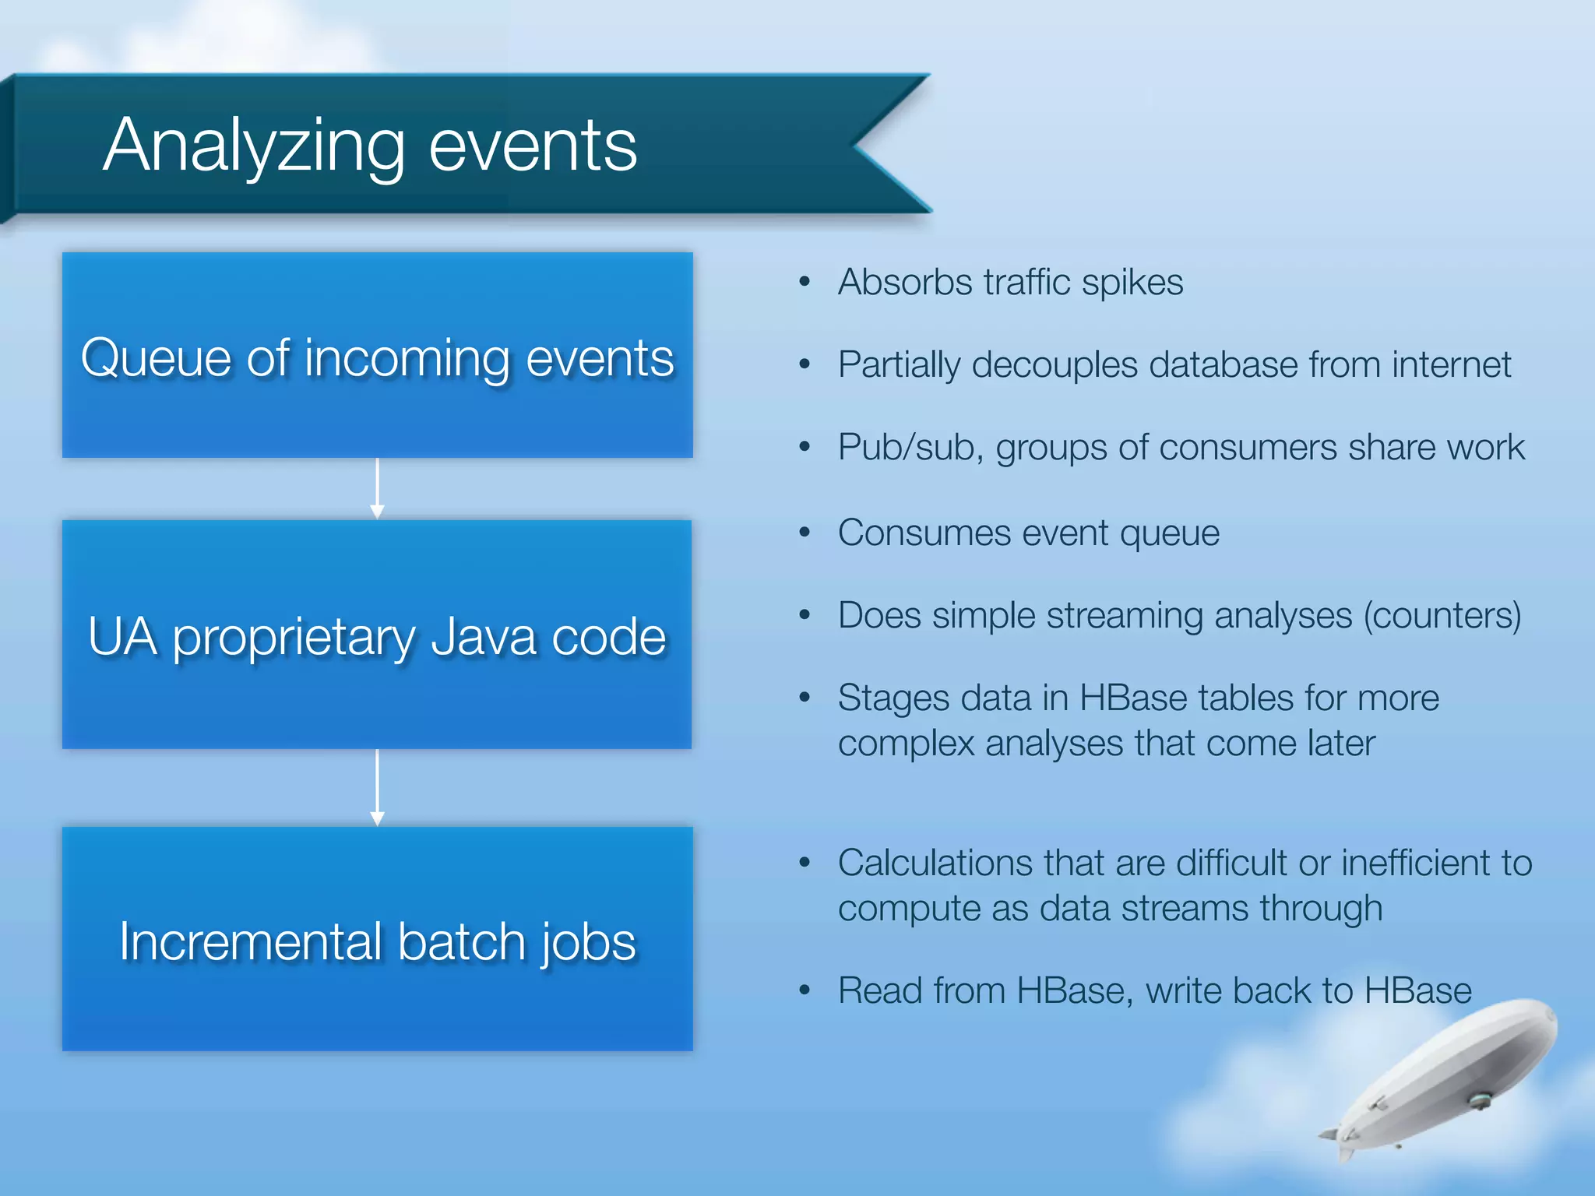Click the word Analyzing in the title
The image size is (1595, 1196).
(x=253, y=146)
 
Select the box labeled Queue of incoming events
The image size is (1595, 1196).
(x=377, y=355)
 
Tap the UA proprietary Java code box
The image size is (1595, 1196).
(x=377, y=635)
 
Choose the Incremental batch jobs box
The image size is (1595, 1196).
(x=377, y=939)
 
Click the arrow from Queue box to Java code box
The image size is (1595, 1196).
(x=377, y=488)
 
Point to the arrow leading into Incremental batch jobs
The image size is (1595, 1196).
(x=377, y=787)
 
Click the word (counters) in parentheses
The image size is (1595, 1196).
(x=1442, y=616)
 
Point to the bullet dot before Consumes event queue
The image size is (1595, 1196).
(x=805, y=533)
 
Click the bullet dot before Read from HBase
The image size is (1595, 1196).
(x=805, y=990)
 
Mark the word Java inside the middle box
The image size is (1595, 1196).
(x=483, y=637)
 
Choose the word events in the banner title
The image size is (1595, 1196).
(x=533, y=146)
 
